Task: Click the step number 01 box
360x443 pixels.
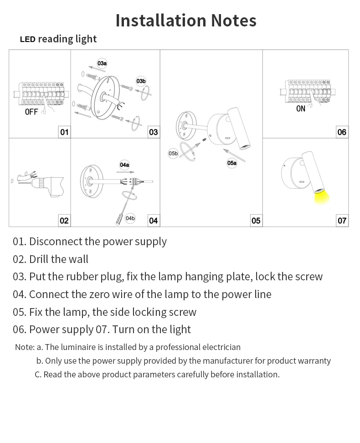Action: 64,132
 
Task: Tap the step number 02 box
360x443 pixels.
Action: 64,221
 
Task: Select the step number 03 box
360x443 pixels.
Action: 154,132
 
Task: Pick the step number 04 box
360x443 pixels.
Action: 154,221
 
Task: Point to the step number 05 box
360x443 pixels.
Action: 256,221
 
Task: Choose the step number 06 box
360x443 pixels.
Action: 342,132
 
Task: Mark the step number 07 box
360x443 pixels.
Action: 342,221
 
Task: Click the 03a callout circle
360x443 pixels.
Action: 102,63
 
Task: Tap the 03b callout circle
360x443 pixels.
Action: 141,82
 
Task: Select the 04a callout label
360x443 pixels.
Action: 124,165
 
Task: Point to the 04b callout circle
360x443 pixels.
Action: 130,218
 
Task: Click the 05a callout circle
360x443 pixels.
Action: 232,163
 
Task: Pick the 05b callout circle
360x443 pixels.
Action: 173,154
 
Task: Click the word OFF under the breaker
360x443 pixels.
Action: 31,112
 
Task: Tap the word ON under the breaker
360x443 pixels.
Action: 301,109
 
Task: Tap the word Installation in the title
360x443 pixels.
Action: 161,21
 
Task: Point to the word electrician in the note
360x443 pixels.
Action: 220,347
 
